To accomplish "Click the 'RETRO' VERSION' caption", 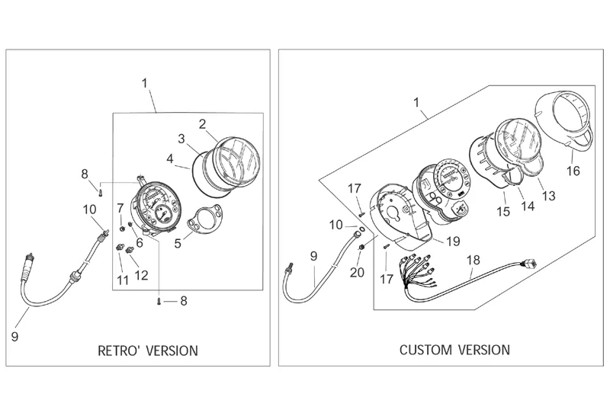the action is (x=147, y=350).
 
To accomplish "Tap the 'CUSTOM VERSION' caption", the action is (x=454, y=350).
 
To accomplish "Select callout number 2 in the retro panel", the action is (x=202, y=124).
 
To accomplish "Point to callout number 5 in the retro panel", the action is (x=178, y=244).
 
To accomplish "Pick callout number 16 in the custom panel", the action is (x=573, y=171).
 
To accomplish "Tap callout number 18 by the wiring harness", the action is (x=474, y=260).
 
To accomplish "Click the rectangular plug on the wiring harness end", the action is (x=530, y=264).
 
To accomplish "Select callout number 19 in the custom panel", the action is (x=453, y=241).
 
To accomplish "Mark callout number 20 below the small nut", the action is (x=357, y=273).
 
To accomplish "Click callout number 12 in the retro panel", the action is (x=142, y=275).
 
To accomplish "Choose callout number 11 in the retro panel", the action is (x=123, y=280).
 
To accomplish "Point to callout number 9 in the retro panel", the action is (x=14, y=336).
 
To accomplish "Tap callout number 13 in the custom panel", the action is (x=548, y=196).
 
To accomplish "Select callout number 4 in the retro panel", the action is (x=170, y=158).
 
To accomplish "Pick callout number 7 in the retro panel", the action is (x=120, y=208).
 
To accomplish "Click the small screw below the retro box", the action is (x=159, y=301).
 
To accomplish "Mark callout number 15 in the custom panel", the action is (x=503, y=211).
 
